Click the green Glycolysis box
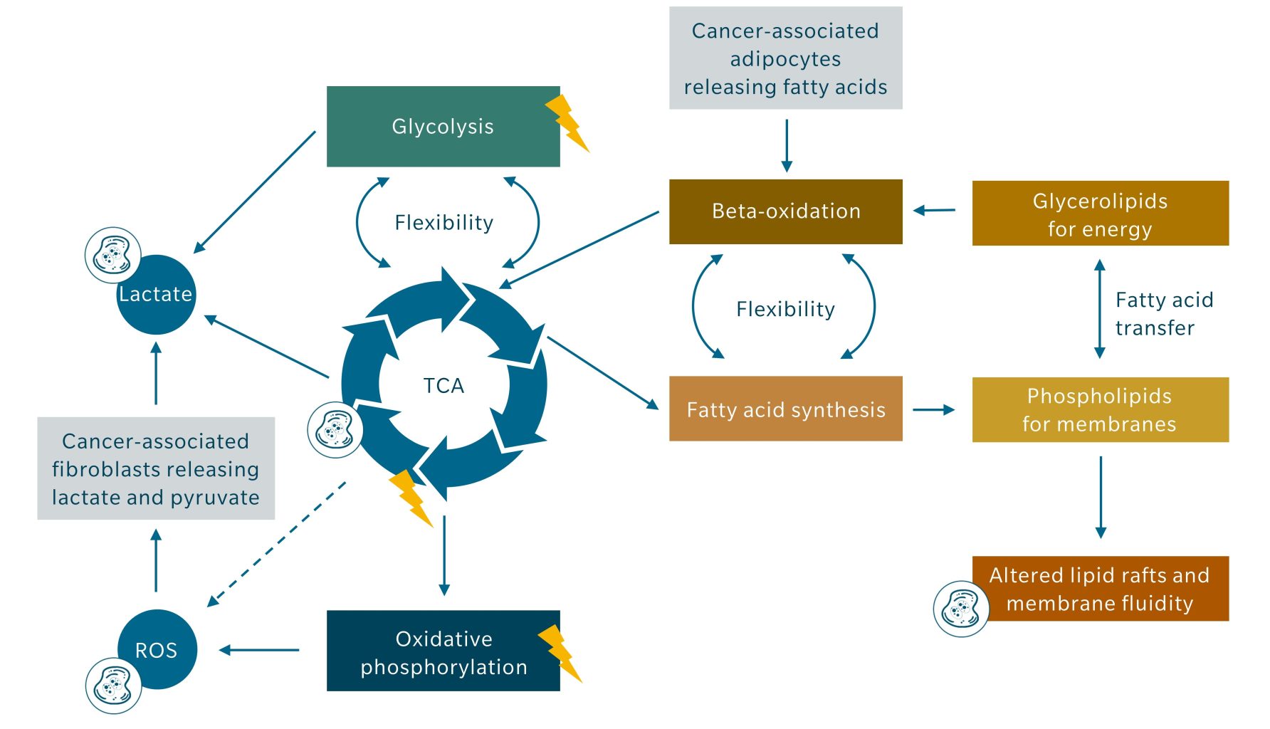point(443,127)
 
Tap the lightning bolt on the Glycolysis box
point(567,123)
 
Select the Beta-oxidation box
point(785,211)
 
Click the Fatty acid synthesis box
point(785,409)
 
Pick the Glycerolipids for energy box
point(1100,214)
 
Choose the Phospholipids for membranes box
point(1100,409)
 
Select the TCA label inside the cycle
point(444,386)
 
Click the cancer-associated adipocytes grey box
point(785,58)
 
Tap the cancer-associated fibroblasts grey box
point(155,468)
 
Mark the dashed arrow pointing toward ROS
point(278,543)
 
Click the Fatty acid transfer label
point(1163,313)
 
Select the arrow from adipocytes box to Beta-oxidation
point(787,145)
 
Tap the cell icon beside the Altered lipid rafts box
point(960,609)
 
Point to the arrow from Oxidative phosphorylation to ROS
point(259,650)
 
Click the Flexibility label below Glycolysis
point(444,223)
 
